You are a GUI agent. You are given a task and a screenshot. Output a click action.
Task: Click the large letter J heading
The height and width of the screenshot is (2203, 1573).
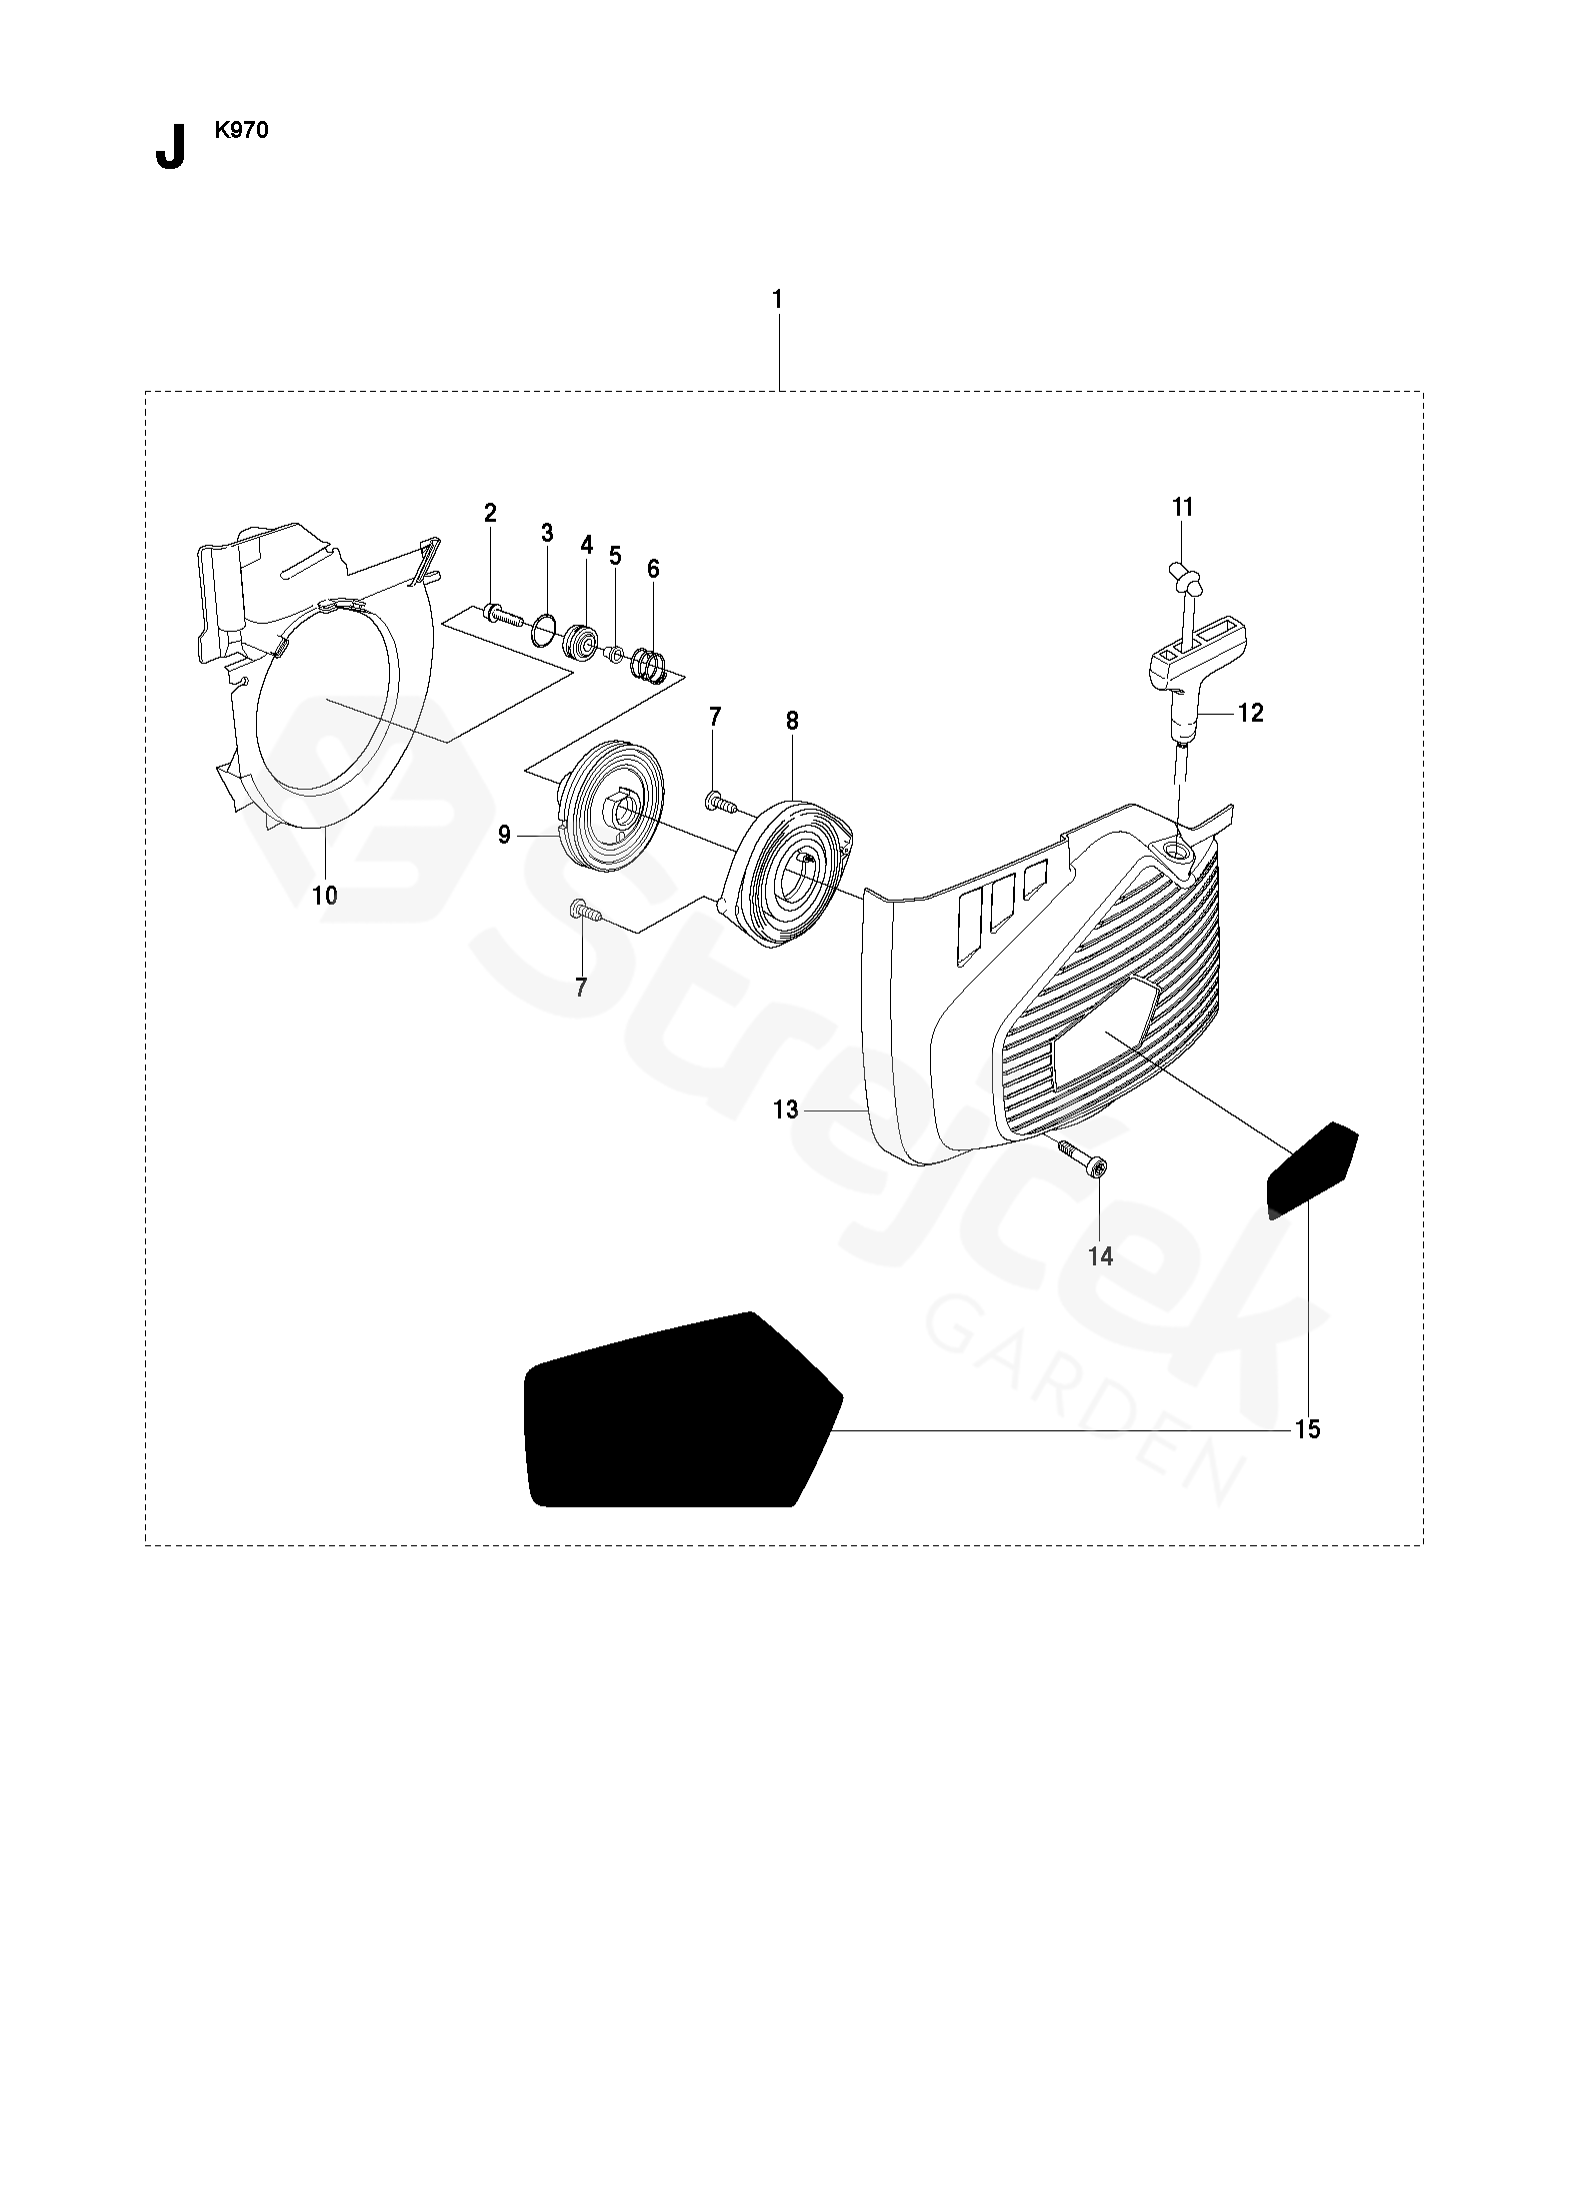pos(170,149)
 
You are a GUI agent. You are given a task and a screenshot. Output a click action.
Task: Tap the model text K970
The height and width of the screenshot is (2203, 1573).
pos(240,130)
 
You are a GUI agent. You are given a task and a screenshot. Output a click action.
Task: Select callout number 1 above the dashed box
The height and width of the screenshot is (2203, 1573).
pos(777,299)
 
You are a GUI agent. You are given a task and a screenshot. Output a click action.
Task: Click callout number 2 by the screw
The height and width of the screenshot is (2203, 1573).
pos(490,514)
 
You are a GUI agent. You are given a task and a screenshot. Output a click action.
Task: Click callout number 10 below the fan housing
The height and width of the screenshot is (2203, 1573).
pos(325,896)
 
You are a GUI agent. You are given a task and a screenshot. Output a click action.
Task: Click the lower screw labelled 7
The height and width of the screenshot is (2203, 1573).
pos(583,910)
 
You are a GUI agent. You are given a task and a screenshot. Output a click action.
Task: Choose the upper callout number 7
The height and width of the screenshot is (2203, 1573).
pos(714,716)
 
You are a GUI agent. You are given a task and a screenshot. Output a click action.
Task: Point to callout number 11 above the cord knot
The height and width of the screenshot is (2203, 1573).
pos(1182,507)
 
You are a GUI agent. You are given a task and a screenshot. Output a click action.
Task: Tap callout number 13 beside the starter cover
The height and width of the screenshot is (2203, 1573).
pos(786,1108)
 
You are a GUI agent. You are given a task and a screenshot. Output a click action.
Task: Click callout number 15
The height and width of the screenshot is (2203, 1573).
pos(1307,1429)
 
